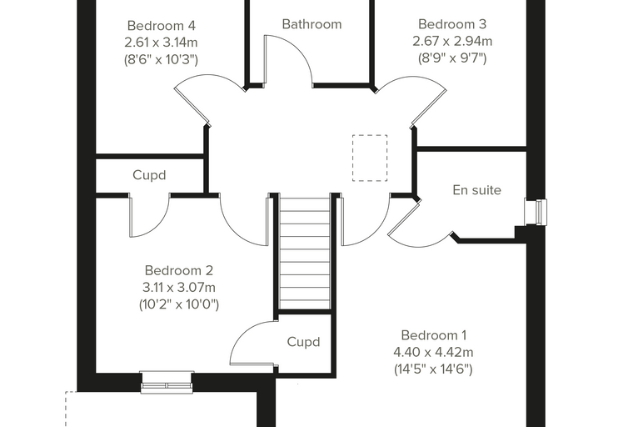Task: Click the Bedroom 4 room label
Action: [x=161, y=26]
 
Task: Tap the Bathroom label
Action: [x=312, y=24]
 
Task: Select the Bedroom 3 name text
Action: [x=452, y=24]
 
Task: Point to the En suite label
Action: [x=476, y=190]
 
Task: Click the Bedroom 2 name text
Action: [x=178, y=270]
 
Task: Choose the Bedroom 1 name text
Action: [x=434, y=335]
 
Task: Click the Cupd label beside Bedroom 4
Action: [x=149, y=175]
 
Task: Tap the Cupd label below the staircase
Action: [x=303, y=342]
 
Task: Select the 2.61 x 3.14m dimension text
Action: [x=161, y=43]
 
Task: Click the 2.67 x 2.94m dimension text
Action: [x=452, y=41]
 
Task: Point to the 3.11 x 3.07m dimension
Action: [x=178, y=288]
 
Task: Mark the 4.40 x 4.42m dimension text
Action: [x=434, y=352]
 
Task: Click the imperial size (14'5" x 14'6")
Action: [x=433, y=369]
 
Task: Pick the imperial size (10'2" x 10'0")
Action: [x=179, y=304]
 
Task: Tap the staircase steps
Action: [x=305, y=254]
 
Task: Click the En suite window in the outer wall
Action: [x=536, y=212]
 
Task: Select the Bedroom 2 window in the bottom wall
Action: [x=167, y=382]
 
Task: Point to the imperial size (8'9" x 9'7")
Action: [x=452, y=58]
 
